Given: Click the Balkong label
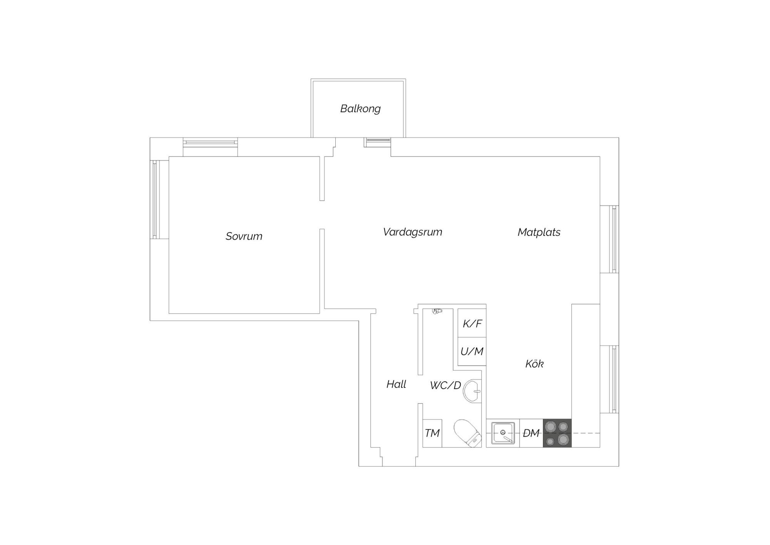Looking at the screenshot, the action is pyautogui.click(x=360, y=109).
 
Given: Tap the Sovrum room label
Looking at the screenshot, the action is pyautogui.click(x=244, y=236).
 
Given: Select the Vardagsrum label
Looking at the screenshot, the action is pyautogui.click(x=412, y=232).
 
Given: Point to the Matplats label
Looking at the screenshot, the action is pyautogui.click(x=539, y=232).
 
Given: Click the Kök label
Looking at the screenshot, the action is pyautogui.click(x=534, y=363).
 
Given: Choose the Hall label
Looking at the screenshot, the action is pyautogui.click(x=396, y=384).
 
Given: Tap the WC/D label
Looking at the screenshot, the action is pyautogui.click(x=445, y=385).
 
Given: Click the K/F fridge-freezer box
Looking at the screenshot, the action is pyautogui.click(x=472, y=323).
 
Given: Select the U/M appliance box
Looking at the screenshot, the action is pyautogui.click(x=472, y=352).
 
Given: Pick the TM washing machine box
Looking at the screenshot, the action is pyautogui.click(x=432, y=433).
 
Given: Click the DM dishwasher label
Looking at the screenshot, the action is pyautogui.click(x=531, y=433).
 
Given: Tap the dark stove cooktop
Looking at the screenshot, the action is pyautogui.click(x=557, y=433).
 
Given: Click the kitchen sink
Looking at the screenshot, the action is pyautogui.click(x=503, y=433).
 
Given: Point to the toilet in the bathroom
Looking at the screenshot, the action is pyautogui.click(x=467, y=433).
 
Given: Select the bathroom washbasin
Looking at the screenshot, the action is pyautogui.click(x=472, y=391).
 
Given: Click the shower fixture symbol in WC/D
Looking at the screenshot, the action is pyautogui.click(x=437, y=311).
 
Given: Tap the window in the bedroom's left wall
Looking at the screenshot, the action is pyautogui.click(x=155, y=199).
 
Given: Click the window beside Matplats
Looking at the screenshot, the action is pyautogui.click(x=614, y=239).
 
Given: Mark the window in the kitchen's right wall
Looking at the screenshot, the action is pyautogui.click(x=614, y=379).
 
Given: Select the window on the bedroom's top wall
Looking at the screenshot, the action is pyautogui.click(x=210, y=143).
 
